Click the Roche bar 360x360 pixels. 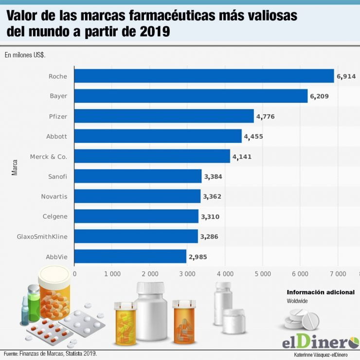click(204, 76)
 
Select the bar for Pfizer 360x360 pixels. click(164, 116)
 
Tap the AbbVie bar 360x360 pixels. click(130, 256)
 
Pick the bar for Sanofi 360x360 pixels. click(138, 176)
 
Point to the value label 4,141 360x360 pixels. click(242, 156)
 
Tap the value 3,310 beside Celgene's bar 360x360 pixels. click(210, 216)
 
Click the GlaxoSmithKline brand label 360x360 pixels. click(42, 236)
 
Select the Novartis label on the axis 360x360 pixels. click(54, 197)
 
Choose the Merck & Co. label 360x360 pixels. click(48, 156)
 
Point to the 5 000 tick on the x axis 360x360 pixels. click(262, 274)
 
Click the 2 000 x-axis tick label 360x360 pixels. click(149, 274)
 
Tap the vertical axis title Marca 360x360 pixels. click(15, 166)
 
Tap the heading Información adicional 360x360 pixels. click(320, 292)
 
